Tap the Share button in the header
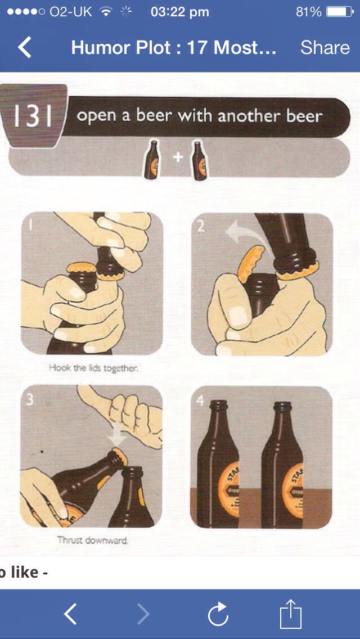[x=325, y=48]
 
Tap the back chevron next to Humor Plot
[x=25, y=48]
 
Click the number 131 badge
[x=34, y=116]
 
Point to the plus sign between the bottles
[x=178, y=157]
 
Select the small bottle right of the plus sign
[x=197, y=160]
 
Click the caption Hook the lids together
[x=93, y=368]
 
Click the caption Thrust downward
[x=93, y=540]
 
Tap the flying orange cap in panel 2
[x=249, y=264]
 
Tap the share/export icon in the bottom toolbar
[x=291, y=614]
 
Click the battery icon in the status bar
[x=339, y=12]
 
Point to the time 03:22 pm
[x=180, y=12]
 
